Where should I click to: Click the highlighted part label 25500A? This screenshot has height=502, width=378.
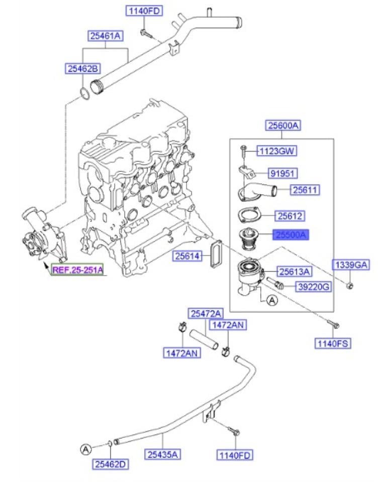point(291,234)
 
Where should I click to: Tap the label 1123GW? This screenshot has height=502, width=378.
point(276,151)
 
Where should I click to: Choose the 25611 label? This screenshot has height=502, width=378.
point(305,190)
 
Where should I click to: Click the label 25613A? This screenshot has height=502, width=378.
point(295,272)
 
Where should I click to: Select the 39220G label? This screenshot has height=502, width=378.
point(313,287)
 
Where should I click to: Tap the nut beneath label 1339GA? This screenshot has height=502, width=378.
point(350,285)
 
